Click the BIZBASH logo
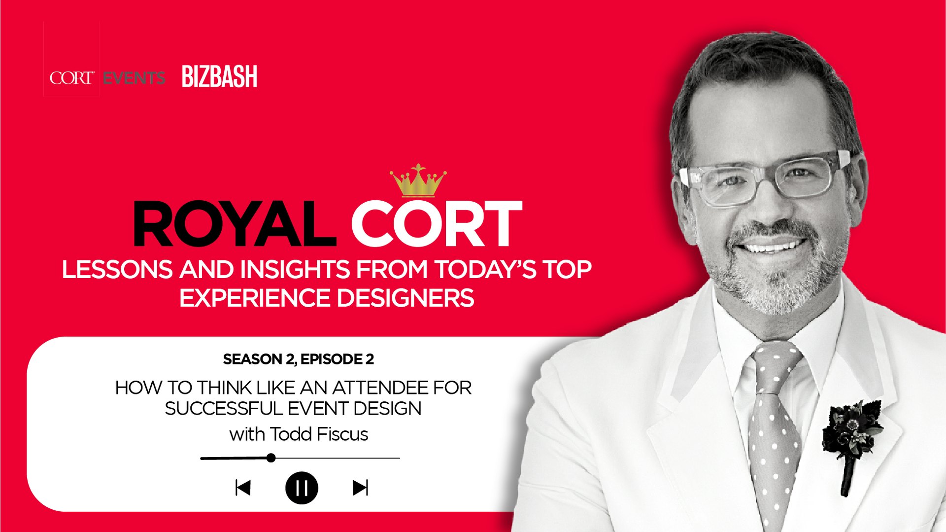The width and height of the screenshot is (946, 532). coord(219,76)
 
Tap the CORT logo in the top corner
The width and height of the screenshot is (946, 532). coord(71,78)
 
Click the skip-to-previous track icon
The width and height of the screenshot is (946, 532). coord(243,488)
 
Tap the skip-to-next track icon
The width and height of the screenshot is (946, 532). coord(361,488)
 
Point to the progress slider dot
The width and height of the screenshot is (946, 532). coord(271,458)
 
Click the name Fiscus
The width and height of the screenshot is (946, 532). coord(342,434)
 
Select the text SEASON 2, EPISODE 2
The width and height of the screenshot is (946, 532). coord(299,359)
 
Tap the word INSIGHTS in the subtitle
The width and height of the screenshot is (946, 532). coord(296,270)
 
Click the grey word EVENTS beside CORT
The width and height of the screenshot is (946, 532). coord(134,78)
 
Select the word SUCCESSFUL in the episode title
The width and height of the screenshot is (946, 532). coord(224,409)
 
